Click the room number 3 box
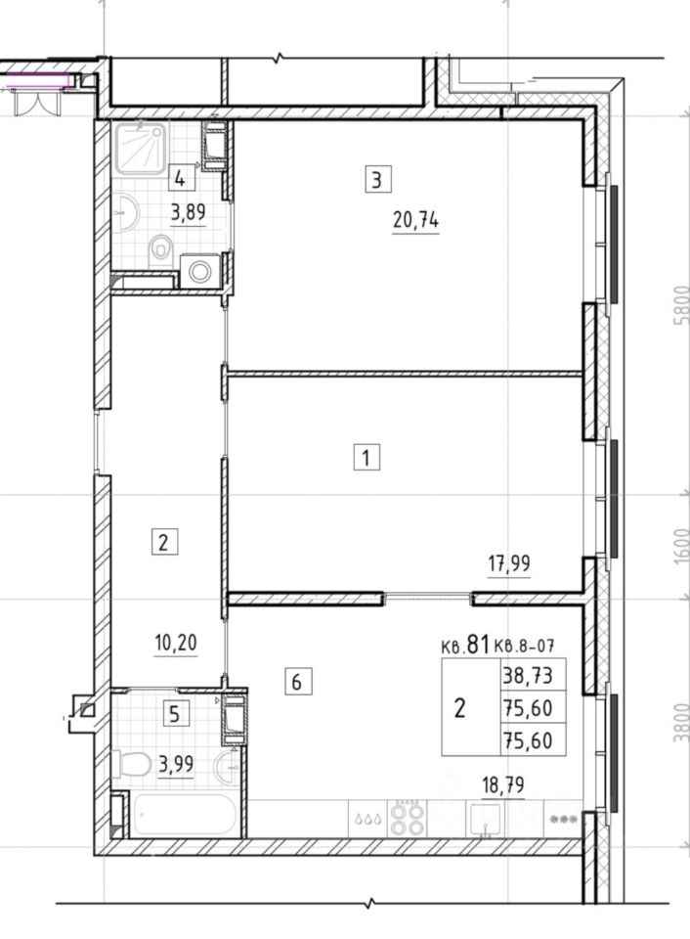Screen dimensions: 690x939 (x=378, y=179)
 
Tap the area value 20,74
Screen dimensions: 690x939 (x=416, y=221)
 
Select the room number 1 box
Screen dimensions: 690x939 (x=367, y=458)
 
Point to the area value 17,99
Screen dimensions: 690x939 (x=508, y=563)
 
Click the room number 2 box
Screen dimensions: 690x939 (x=164, y=542)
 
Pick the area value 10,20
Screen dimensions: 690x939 (x=175, y=644)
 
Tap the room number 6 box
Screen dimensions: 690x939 (x=297, y=682)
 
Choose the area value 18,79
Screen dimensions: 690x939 (x=503, y=785)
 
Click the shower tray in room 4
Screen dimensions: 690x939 (x=140, y=148)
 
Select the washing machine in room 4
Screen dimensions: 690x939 (x=200, y=272)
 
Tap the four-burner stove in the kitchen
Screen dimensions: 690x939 (x=408, y=818)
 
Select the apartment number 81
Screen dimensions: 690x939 (x=478, y=644)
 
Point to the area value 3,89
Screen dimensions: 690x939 (x=189, y=213)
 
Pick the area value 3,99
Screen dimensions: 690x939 (x=176, y=765)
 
